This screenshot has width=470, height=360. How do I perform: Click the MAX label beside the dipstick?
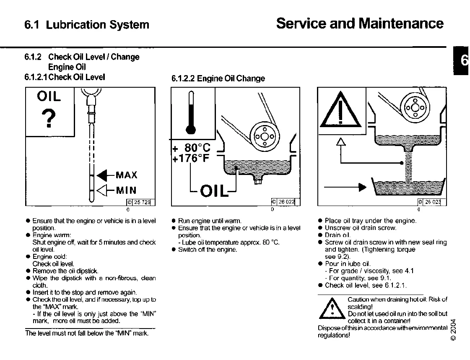pyautogui.click(x=126, y=175)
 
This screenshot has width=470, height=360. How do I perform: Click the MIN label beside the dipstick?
pyautogui.click(x=126, y=190)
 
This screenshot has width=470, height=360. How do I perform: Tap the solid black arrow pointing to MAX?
pyautogui.click(x=103, y=175)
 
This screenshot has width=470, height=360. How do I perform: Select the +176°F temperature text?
pyautogui.click(x=192, y=159)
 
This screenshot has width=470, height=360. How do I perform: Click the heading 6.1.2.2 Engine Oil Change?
pyautogui.click(x=218, y=78)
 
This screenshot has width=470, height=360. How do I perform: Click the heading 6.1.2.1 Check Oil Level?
pyautogui.click(x=65, y=77)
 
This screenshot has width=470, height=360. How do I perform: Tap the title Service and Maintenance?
pyautogui.click(x=359, y=23)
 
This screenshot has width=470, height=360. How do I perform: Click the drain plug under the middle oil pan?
pyautogui.click(x=257, y=181)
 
